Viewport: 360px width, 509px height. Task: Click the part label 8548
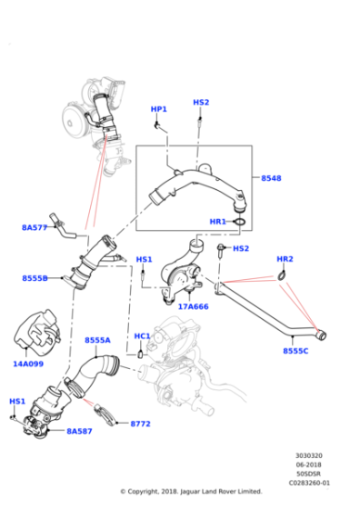[x=272, y=178]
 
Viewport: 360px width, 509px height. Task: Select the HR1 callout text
[x=218, y=221]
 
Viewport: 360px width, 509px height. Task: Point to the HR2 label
[x=285, y=259]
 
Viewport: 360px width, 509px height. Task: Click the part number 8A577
[x=35, y=228]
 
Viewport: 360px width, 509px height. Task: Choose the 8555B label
[x=35, y=278]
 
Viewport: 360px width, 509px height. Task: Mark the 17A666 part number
[x=193, y=306]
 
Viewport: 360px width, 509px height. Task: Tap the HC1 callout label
[x=142, y=335]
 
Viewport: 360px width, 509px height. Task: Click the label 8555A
[x=97, y=340]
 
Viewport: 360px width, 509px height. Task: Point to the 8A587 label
[x=80, y=432]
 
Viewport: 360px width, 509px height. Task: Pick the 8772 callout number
[x=141, y=423]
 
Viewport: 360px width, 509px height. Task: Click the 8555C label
[x=295, y=350]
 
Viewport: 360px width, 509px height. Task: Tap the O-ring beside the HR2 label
[x=284, y=276]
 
